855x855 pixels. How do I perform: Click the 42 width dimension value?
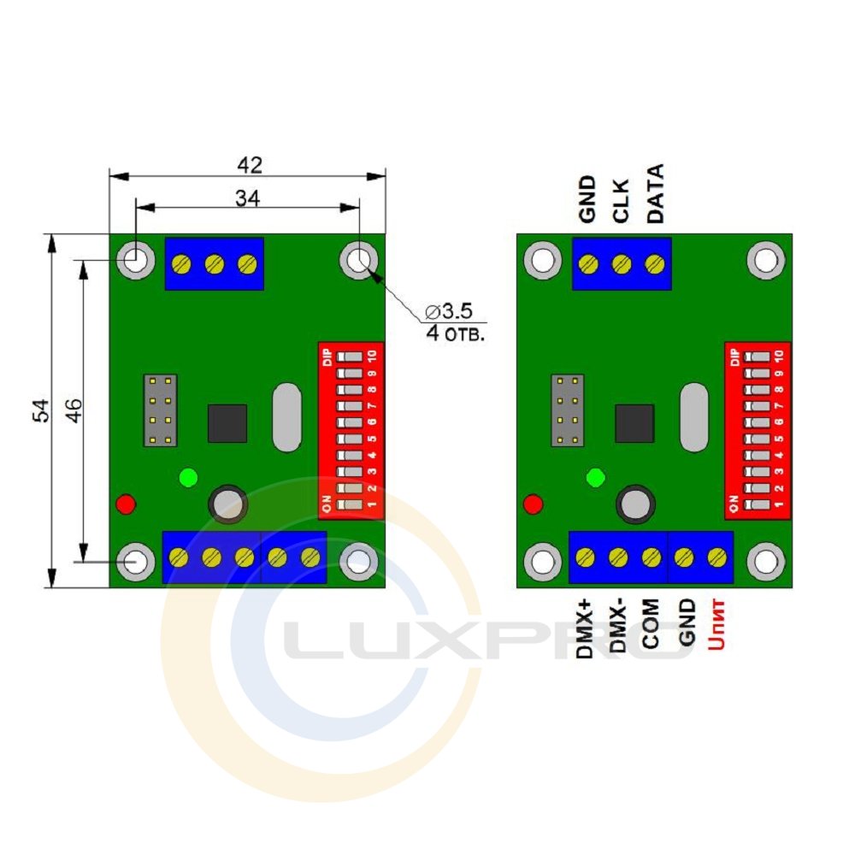[x=250, y=165]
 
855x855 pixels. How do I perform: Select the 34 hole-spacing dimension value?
[x=248, y=198]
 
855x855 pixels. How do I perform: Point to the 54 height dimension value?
[x=41, y=410]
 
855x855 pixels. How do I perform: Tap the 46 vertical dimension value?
[x=74, y=410]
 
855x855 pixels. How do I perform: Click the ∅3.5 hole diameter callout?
[x=449, y=311]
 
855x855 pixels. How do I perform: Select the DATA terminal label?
[x=655, y=193]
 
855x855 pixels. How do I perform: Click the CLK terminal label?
[x=621, y=201]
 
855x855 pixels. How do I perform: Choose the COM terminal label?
[x=650, y=624]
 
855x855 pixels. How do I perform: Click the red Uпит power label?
[x=716, y=625]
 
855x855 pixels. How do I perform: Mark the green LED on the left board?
[x=188, y=478]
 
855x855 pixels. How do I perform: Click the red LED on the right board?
[x=533, y=504]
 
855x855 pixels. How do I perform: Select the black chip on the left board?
[x=227, y=423]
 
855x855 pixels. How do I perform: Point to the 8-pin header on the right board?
[x=568, y=410]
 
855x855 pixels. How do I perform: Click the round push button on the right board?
[x=635, y=504]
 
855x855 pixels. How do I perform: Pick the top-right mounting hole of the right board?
[x=765, y=260]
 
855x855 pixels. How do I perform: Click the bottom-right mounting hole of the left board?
[x=358, y=562]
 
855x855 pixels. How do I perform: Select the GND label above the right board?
[x=587, y=199]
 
